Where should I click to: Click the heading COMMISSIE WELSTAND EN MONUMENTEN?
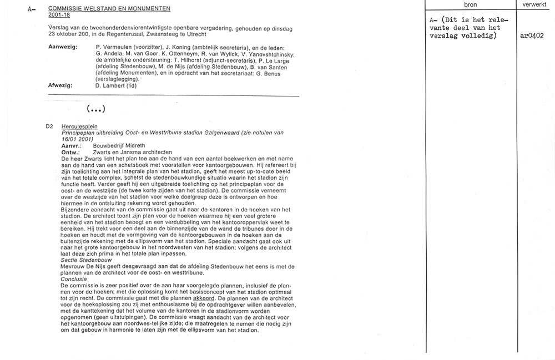tap(109, 9)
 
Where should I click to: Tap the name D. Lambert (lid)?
tap(116, 85)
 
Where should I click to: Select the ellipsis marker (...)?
tap(96, 108)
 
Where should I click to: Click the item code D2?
tap(49, 126)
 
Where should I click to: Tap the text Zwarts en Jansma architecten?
tap(132, 152)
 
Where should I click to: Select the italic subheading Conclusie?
tap(74, 278)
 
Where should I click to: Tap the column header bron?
tap(470, 4)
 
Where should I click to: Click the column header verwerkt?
tap(535, 4)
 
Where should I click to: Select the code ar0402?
tap(532, 36)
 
